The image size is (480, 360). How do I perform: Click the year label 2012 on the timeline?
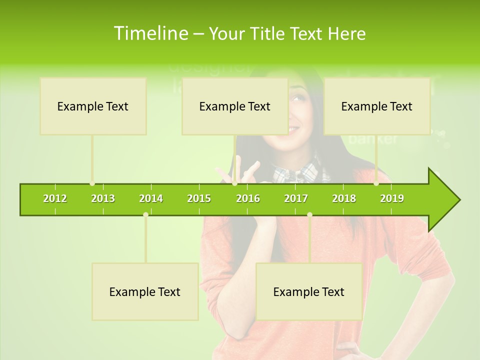tap(55, 198)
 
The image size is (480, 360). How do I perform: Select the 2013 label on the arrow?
tap(103, 198)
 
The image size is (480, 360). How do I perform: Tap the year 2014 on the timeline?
tap(151, 198)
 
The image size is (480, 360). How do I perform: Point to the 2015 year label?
tap(199, 198)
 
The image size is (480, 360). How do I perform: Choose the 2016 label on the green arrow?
tap(248, 198)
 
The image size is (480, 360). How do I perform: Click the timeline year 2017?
tap(296, 198)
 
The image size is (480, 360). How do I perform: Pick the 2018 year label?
tap(344, 198)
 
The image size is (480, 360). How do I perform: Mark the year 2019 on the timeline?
tap(392, 198)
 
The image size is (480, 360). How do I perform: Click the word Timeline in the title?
tap(150, 33)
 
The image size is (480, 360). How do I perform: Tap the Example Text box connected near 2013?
tap(93, 106)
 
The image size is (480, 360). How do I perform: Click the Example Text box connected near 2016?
tap(234, 106)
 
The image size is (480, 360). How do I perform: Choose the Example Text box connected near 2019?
tap(376, 106)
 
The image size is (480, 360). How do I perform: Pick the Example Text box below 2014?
tap(145, 291)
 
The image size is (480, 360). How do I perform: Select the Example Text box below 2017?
tap(308, 291)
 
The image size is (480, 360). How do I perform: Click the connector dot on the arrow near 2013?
tap(92, 183)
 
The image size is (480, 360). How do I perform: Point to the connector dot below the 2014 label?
tap(145, 214)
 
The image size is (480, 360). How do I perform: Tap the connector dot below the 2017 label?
tap(309, 214)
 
